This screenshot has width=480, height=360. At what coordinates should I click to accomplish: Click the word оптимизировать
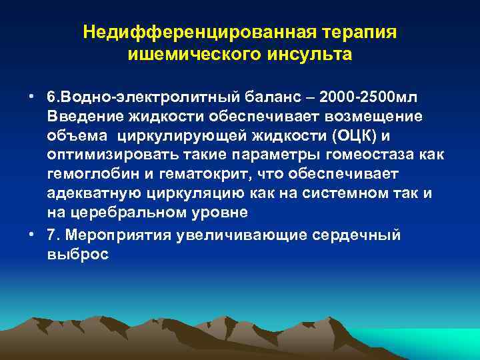(107, 155)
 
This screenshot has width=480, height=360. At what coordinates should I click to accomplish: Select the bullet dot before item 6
(32, 97)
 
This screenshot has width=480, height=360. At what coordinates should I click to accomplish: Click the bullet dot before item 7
(32, 235)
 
